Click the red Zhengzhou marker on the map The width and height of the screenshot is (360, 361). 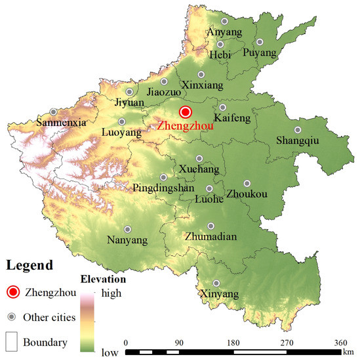coord(186,112)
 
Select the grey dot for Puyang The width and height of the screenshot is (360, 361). coord(260,43)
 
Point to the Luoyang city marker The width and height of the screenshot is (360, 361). coord(121,121)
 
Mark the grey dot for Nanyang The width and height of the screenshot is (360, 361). coord(128,229)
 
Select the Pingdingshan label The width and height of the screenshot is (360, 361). coord(163,188)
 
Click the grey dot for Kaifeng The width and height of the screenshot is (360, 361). coord(223,108)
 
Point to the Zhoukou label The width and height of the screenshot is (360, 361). coord(247,194)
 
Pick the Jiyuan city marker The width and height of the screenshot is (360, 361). coord(130,92)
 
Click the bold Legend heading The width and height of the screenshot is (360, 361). coord(30,266)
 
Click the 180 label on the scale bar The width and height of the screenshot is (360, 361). coord(232,342)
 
